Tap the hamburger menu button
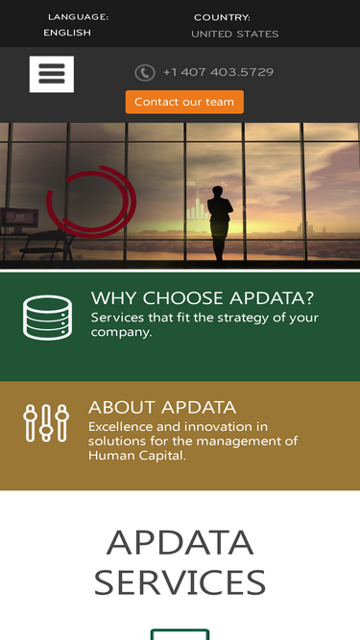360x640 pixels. (52, 74)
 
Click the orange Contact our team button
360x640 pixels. (184, 102)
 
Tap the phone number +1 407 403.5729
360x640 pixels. (218, 72)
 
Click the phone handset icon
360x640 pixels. (145, 73)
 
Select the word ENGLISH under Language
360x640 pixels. (67, 33)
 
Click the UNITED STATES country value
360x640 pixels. (234, 34)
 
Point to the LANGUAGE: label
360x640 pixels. (78, 17)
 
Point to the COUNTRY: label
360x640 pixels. (222, 17)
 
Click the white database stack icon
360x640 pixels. (47, 318)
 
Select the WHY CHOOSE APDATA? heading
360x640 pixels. (203, 297)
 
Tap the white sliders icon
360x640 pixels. (46, 422)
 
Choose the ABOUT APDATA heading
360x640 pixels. (162, 407)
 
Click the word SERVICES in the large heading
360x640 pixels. (180, 582)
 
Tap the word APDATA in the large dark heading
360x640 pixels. (180, 542)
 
